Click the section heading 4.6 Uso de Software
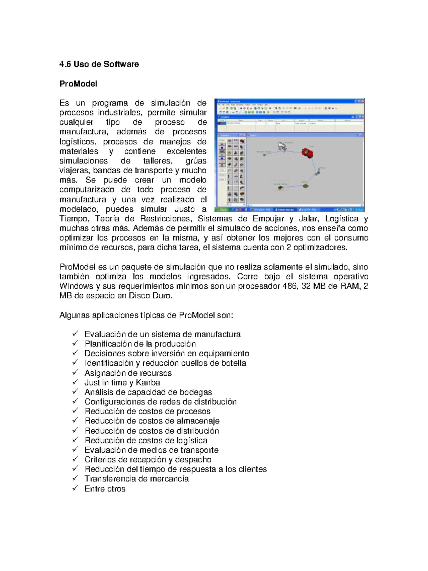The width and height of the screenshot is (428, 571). point(99,64)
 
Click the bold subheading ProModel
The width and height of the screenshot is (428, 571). point(78,84)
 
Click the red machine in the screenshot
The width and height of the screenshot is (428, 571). point(307,153)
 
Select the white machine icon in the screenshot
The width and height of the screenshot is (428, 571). point(282,146)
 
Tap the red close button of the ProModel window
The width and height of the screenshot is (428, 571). point(362,101)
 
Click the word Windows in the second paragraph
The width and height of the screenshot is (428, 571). point(76,286)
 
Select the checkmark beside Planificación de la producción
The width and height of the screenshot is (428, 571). point(75,343)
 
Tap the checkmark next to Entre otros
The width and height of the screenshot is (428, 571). point(75,488)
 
